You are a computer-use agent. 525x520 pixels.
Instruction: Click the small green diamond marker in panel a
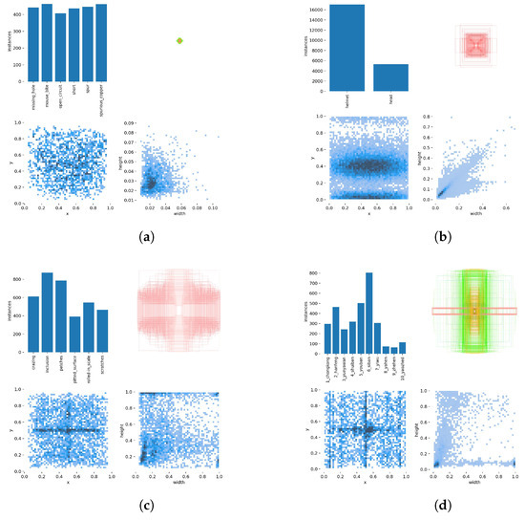pos(179,40)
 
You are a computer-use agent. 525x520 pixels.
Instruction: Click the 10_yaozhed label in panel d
pos(401,368)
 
